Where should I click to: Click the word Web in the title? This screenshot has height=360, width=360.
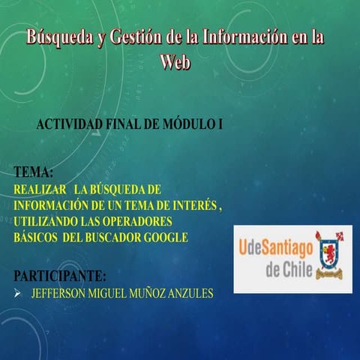click(175, 61)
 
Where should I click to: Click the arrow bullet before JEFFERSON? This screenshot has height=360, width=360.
click(18, 292)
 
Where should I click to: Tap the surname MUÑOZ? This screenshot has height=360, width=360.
click(152, 292)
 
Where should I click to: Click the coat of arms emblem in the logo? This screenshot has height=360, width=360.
click(328, 255)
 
